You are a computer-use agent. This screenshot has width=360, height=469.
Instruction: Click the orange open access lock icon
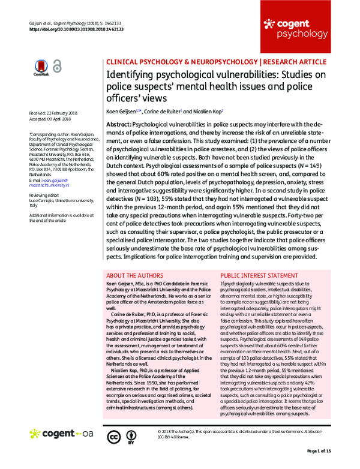(x=56, y=68)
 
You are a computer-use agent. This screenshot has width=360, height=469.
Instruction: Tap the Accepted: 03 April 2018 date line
(x=51, y=119)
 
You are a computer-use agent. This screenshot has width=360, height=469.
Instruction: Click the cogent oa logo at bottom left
(x=61, y=433)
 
